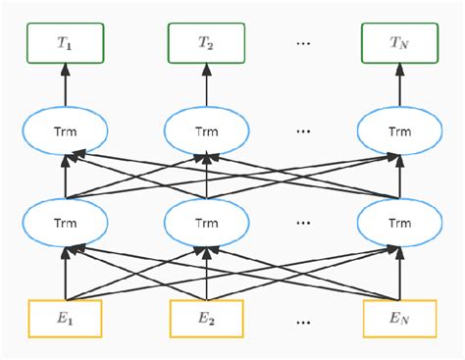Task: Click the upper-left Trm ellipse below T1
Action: point(67,129)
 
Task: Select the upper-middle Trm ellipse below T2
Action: point(205,129)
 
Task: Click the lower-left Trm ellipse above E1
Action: point(67,223)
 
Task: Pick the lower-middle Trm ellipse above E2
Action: point(205,223)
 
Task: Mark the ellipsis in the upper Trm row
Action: point(303,130)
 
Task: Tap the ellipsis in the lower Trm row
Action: point(303,224)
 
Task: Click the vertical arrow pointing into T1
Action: point(67,81)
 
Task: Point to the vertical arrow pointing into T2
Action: point(205,81)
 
